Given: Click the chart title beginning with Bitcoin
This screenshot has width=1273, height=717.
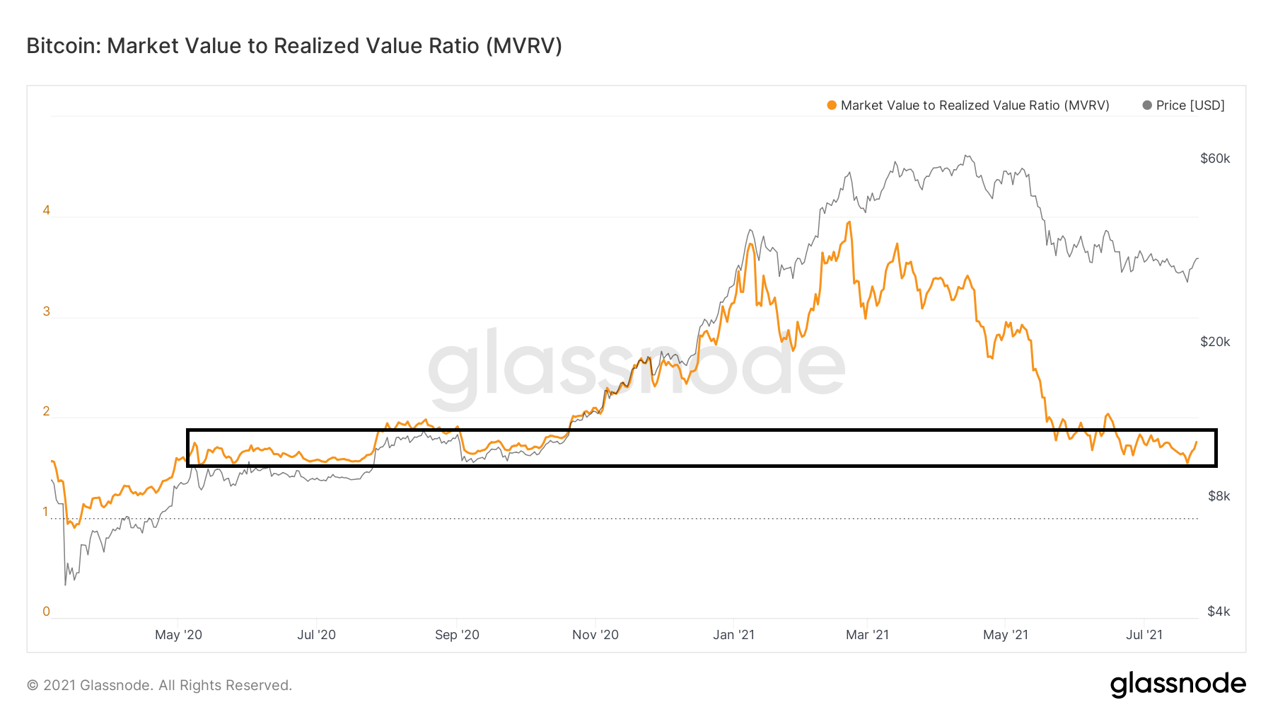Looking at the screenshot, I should point(294,46).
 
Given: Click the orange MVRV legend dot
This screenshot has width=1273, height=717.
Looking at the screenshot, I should point(832,105).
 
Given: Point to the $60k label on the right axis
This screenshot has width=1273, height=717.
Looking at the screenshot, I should point(1215,159).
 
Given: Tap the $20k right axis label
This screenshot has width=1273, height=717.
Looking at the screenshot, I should point(1215,342).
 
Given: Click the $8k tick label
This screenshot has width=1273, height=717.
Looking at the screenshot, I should point(1219,496).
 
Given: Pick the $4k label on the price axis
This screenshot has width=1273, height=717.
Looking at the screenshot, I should point(1219,612).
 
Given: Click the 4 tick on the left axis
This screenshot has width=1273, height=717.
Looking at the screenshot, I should point(47,210).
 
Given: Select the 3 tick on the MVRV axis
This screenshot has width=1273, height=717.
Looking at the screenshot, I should point(47,311).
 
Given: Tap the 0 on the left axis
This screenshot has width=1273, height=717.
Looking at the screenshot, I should point(47,612).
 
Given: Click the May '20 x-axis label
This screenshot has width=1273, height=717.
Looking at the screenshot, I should point(178,635).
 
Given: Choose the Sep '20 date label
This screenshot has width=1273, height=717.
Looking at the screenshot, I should point(457,635).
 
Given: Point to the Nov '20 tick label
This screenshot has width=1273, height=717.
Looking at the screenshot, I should point(595,635).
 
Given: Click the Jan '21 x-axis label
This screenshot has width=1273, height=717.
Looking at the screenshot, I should point(733,635).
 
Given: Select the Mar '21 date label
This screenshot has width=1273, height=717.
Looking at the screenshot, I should point(867,635).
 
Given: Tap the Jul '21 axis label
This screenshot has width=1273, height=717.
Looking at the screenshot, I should point(1144,635).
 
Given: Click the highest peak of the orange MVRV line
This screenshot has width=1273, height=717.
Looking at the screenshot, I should point(849,222).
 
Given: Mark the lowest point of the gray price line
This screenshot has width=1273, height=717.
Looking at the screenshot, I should point(65,585).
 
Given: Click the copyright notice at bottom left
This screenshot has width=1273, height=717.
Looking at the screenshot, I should point(159,685).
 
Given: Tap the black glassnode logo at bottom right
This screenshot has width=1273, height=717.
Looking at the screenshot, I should point(1178,684).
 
